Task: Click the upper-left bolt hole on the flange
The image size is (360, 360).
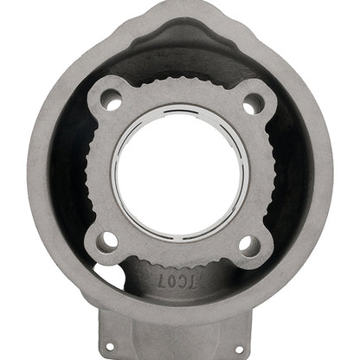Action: pos(111,100)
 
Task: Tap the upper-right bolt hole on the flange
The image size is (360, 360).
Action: pos(253,104)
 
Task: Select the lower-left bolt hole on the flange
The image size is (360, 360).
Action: pos(106,241)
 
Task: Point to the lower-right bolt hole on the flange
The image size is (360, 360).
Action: pos(248,245)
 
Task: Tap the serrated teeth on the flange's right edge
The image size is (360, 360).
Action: pos(271,173)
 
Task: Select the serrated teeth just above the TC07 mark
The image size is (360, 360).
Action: pos(178,260)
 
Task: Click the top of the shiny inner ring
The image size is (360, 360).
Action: pos(180,109)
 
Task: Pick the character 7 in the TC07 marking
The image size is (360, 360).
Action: pos(161,280)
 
